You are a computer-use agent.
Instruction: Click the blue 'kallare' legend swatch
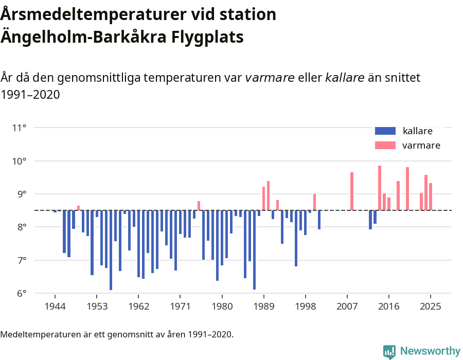(x=385, y=131)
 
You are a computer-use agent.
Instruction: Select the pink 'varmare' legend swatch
(x=385, y=146)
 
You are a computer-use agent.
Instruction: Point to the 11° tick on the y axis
(x=19, y=128)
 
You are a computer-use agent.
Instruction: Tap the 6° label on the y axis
(x=20, y=294)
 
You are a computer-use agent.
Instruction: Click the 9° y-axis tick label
(x=20, y=194)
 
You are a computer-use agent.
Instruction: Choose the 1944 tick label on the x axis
(x=55, y=307)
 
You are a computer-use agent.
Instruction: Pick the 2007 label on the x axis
(x=347, y=307)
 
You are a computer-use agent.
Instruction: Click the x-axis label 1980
(x=222, y=307)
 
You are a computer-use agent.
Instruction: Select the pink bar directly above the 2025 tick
(x=431, y=196)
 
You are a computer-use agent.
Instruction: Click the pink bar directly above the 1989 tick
(x=263, y=198)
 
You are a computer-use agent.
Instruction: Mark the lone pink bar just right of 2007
(x=352, y=191)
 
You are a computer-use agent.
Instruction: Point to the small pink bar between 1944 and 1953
(x=78, y=208)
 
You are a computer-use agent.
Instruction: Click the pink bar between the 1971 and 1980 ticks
(x=199, y=205)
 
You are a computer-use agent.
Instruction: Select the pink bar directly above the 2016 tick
(x=389, y=204)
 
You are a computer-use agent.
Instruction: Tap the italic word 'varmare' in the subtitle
(x=270, y=78)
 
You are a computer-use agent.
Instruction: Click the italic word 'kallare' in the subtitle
(x=345, y=78)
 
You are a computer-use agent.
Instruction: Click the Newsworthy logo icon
(x=389, y=351)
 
